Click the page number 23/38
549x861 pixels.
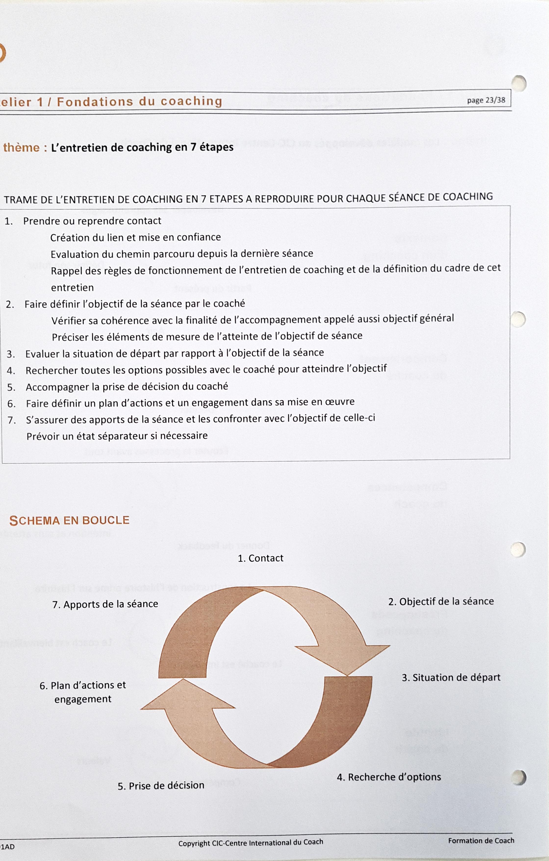click(486, 100)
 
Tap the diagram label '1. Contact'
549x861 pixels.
click(261, 558)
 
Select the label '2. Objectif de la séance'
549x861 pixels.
click(441, 601)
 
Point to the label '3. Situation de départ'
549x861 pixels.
click(451, 678)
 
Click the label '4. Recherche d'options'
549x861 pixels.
click(389, 777)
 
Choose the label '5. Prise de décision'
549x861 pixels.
click(161, 786)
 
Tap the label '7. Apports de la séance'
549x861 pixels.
click(105, 604)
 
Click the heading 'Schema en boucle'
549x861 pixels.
click(69, 520)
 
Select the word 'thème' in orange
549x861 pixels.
click(22, 148)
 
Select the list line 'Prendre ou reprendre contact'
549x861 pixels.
click(92, 221)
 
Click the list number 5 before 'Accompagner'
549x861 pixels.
click(11, 388)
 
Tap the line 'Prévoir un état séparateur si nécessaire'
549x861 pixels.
click(117, 436)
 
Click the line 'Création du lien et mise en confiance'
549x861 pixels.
click(135, 237)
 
